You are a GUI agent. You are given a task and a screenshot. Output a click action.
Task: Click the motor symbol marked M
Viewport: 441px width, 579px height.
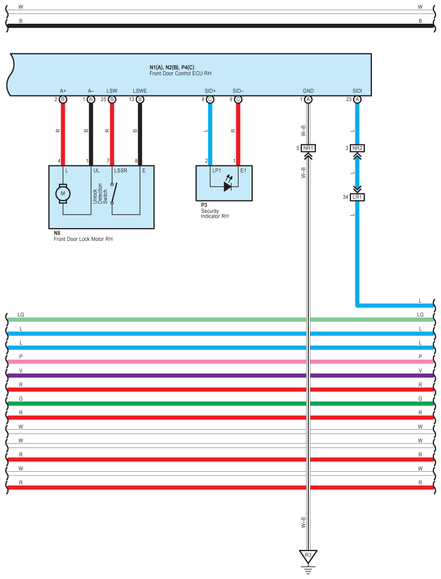click(63, 194)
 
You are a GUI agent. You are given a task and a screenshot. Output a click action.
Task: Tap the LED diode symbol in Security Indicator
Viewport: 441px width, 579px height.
click(228, 187)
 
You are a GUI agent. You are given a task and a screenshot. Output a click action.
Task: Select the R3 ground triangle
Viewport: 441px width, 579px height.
click(308, 556)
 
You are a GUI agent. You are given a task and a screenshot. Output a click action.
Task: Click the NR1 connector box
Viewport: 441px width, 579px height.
click(308, 148)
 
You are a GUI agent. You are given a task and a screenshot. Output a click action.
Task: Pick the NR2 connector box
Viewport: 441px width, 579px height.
click(357, 148)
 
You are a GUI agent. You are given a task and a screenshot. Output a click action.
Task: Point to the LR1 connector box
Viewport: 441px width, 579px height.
click(357, 197)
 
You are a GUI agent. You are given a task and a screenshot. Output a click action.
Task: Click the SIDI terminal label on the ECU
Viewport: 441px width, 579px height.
click(357, 91)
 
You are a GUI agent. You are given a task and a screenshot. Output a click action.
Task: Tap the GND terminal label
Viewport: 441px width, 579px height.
click(308, 91)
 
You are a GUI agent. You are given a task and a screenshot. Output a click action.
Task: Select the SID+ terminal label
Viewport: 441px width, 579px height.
click(210, 91)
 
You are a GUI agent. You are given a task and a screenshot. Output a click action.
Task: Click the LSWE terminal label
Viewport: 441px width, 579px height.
click(140, 91)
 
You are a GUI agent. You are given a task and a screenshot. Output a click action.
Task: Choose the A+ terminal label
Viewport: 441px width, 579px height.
click(63, 91)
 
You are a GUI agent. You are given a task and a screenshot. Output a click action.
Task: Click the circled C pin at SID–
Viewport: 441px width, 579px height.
click(238, 99)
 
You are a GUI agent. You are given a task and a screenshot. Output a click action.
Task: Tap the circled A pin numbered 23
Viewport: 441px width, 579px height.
click(357, 99)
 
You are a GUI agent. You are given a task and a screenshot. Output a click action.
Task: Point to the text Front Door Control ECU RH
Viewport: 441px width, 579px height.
click(180, 73)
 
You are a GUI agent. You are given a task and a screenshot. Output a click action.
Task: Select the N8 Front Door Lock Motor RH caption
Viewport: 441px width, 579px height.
click(83, 236)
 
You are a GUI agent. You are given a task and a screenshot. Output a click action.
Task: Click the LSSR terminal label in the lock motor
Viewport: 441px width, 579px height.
click(120, 170)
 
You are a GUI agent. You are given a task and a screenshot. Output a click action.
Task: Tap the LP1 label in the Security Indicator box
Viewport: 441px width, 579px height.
click(216, 170)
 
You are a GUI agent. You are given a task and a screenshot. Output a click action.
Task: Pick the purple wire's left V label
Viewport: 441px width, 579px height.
click(21, 371)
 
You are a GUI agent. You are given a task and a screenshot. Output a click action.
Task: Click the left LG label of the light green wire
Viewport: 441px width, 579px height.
click(21, 315)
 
